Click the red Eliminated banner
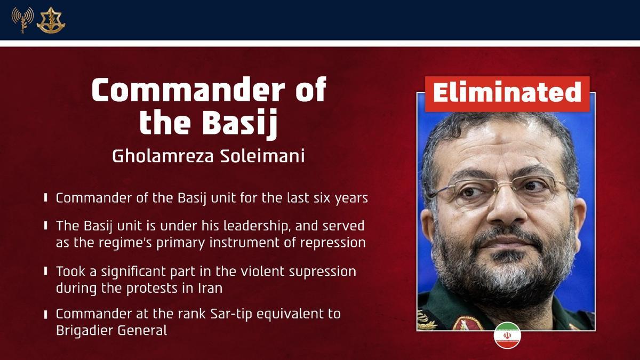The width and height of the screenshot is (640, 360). pos(507,93)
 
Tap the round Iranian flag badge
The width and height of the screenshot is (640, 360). pos(507,335)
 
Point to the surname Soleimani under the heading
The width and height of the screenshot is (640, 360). pos(267,156)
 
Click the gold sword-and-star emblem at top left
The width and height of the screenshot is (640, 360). pos(51,20)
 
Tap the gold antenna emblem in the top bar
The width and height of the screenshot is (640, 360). pos(22,20)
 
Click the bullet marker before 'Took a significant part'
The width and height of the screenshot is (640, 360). pos(46,272)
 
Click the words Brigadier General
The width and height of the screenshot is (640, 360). pos(111,331)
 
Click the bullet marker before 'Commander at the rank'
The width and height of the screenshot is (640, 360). pos(46,315)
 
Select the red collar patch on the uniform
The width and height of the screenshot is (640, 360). pos(467,323)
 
